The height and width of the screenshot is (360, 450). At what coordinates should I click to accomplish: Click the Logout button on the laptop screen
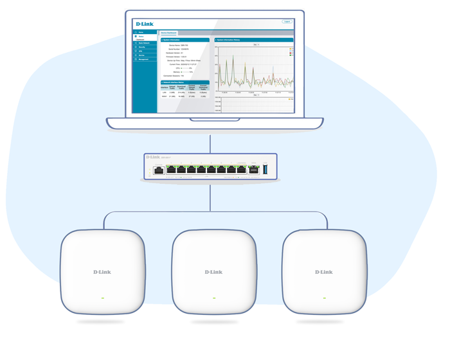click(287, 22)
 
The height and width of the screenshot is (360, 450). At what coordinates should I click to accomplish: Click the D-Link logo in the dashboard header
click(145, 24)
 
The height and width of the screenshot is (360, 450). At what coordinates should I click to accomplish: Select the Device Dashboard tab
click(168, 33)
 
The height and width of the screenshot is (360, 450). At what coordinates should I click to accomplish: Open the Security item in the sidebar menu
click(143, 48)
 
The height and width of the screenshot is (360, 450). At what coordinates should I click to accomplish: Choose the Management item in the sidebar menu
click(143, 60)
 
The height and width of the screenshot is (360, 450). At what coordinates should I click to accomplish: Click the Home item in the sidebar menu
click(141, 32)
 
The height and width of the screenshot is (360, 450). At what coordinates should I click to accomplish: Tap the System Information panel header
click(184, 40)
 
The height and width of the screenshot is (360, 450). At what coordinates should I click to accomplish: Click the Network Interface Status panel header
click(184, 82)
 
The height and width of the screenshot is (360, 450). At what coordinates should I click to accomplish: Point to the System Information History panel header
click(254, 40)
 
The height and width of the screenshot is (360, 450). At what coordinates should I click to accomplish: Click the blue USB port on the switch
click(265, 170)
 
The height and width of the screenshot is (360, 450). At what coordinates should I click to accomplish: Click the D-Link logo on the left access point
click(102, 272)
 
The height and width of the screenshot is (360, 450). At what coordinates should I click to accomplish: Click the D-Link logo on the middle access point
click(213, 272)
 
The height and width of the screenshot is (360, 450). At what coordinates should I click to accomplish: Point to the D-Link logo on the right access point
click(324, 272)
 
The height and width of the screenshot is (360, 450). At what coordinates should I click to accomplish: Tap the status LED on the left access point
click(102, 298)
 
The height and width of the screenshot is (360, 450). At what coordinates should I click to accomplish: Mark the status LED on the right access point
click(325, 298)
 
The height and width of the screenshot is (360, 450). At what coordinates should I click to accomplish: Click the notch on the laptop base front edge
click(214, 120)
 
